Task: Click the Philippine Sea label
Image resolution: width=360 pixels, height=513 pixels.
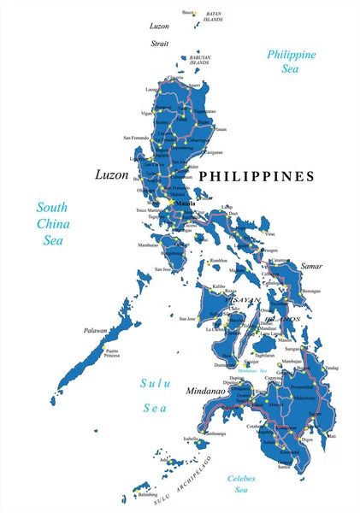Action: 292,62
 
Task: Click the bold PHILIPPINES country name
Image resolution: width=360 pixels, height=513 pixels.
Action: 257,176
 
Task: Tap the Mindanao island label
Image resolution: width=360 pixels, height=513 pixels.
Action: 204,390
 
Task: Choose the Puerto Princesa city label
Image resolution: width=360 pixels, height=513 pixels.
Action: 111,353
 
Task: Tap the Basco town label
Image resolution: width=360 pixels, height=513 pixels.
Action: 188,12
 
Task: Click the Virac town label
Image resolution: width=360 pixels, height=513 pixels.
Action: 271,233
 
